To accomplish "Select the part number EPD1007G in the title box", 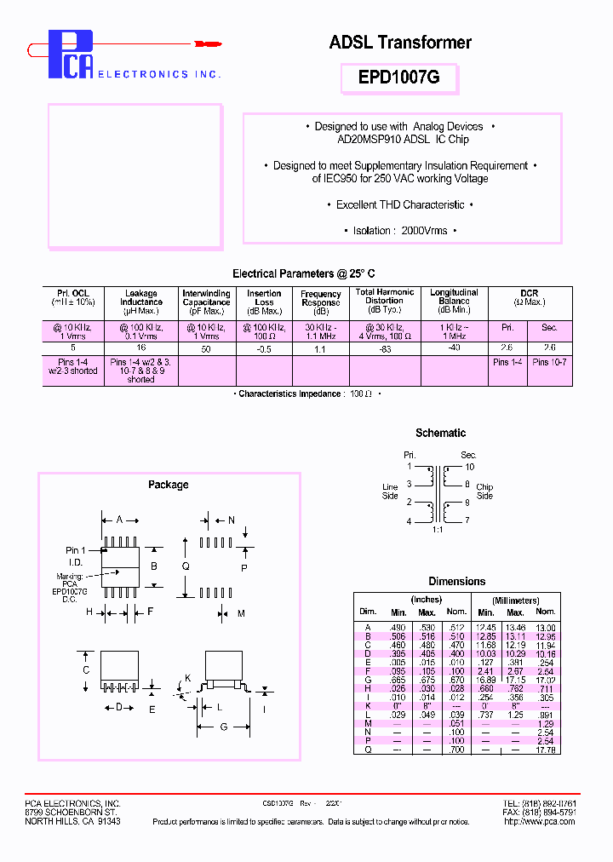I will [x=399, y=77].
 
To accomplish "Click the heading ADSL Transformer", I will [x=399, y=43].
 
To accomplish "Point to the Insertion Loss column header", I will [x=264, y=297].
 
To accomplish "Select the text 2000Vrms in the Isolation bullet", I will [x=424, y=231].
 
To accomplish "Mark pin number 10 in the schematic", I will [x=469, y=467].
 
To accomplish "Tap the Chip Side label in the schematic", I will [x=484, y=491].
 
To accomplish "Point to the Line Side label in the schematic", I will [x=390, y=491].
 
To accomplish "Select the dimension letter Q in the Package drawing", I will [x=186, y=566].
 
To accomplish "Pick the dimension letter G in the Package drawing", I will [x=223, y=727].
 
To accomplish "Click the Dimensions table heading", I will [x=456, y=581].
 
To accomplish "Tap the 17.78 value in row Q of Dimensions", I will [x=546, y=750].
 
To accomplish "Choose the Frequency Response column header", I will [x=321, y=298].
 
